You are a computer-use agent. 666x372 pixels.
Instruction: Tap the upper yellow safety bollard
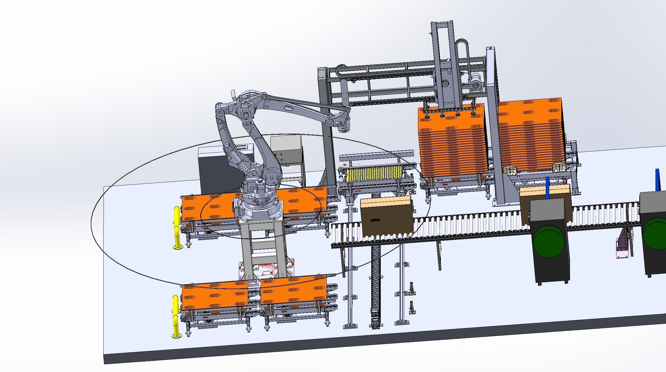point(177,228)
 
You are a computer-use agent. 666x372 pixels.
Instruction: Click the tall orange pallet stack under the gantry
point(453,143)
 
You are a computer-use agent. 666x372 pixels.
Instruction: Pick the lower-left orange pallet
point(214,297)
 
